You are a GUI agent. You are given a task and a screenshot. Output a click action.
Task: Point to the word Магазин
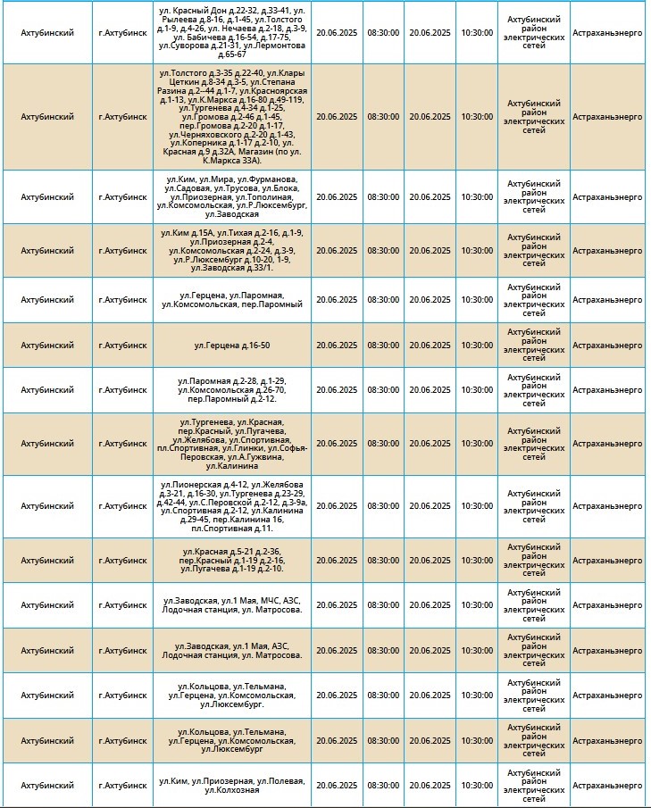[255, 152]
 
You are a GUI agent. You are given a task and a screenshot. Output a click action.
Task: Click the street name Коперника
[202, 143]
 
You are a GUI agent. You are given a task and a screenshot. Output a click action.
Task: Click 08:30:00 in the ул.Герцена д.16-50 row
[383, 346]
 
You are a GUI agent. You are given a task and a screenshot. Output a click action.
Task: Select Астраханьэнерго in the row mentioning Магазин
[607, 117]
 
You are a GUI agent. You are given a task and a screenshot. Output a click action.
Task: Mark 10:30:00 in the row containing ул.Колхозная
[477, 786]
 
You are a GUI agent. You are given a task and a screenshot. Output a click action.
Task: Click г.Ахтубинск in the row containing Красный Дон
[122, 32]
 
